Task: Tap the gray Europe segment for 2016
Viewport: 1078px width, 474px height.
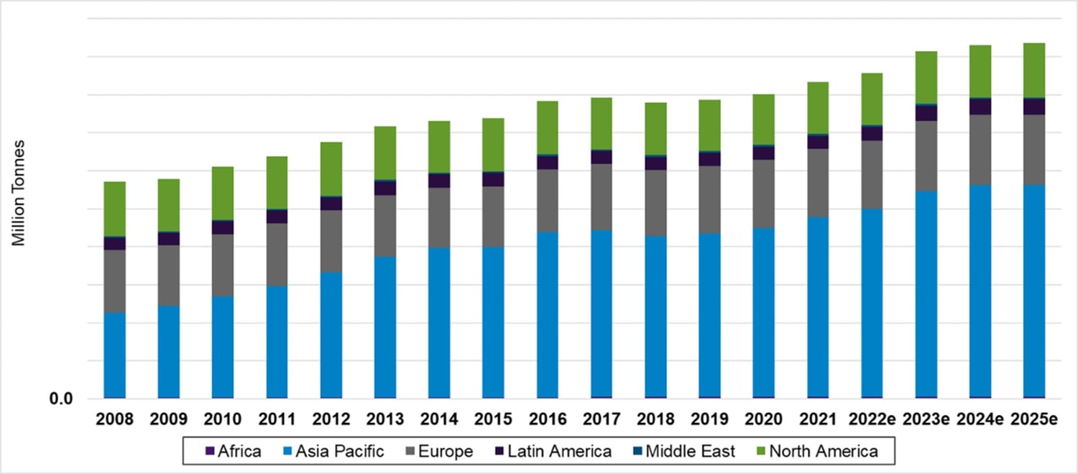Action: (548, 200)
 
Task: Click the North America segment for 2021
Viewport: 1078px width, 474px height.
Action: (818, 107)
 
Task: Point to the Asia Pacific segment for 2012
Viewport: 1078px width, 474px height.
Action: (331, 334)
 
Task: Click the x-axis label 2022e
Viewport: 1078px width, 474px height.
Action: (872, 419)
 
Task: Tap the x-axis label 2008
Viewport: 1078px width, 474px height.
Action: (115, 419)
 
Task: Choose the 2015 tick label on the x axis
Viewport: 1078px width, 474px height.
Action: (493, 419)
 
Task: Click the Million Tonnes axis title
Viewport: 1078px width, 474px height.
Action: (19, 193)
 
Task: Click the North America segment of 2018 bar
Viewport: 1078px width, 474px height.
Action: (655, 128)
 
